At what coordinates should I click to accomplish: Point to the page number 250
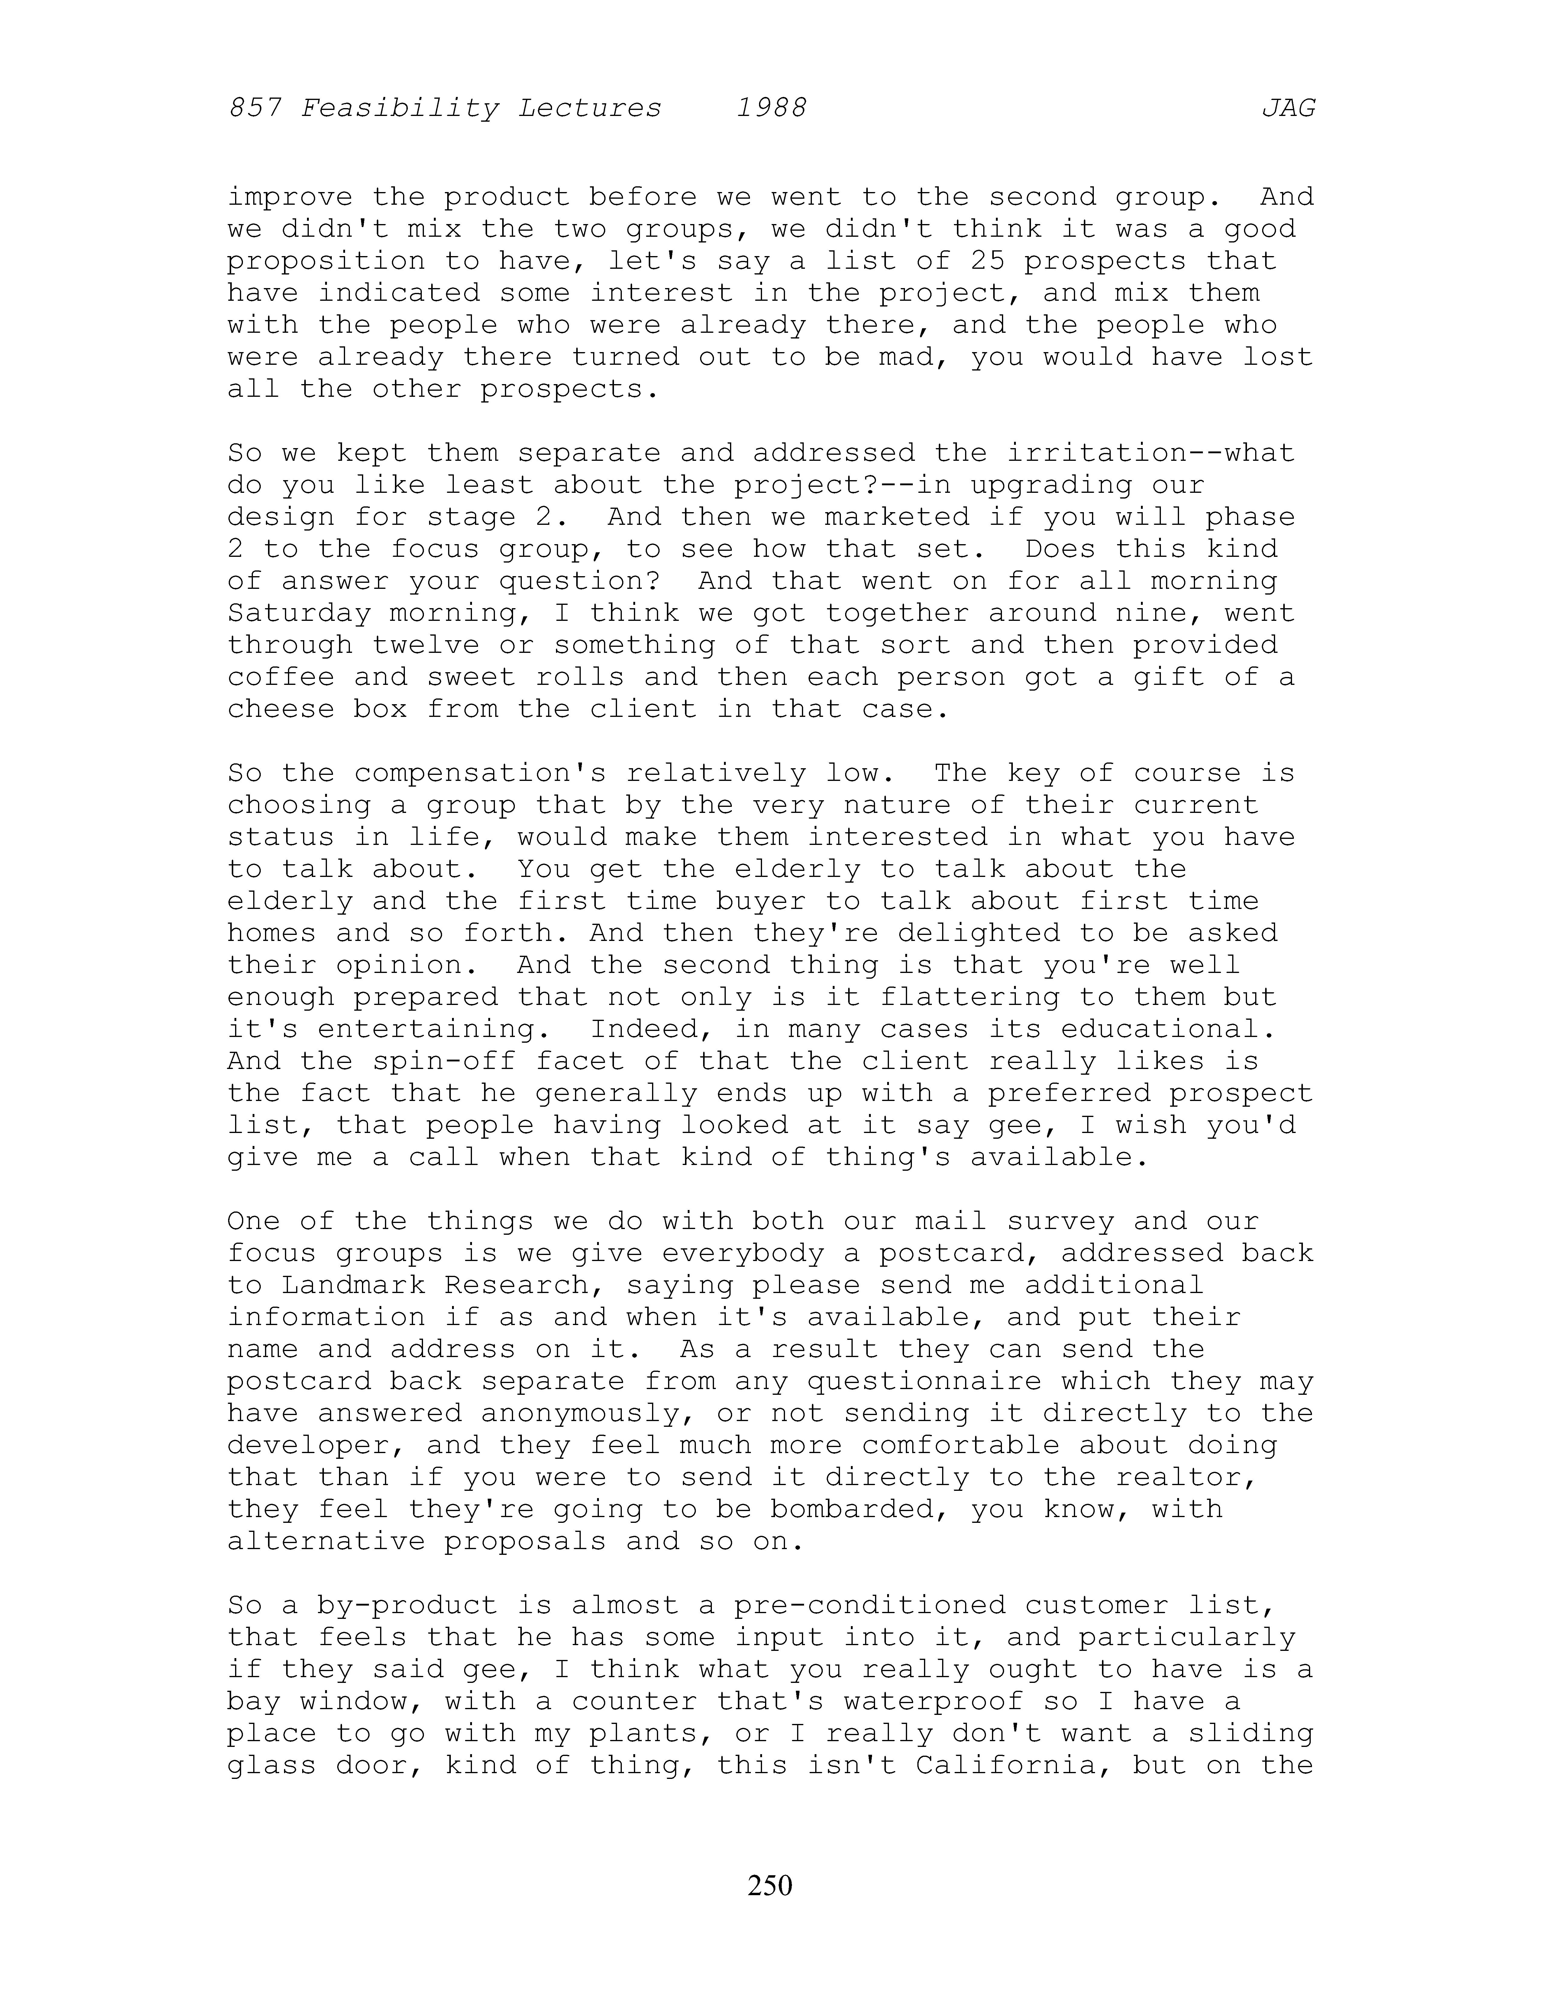tap(770, 1884)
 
